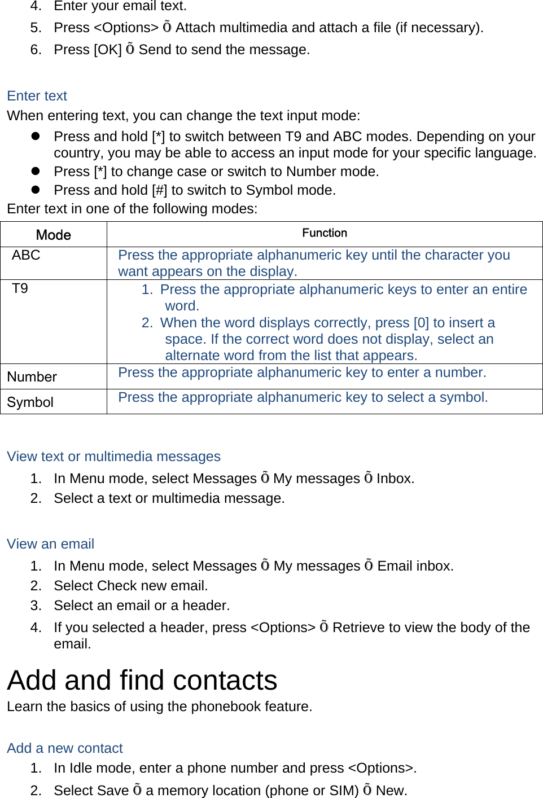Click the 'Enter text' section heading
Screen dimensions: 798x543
click(x=37, y=96)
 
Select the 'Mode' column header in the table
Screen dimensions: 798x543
click(x=54, y=235)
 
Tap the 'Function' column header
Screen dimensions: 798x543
click(x=325, y=233)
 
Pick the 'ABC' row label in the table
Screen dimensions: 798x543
click(x=26, y=255)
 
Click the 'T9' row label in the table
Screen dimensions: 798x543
click(x=20, y=288)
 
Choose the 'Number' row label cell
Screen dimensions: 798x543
click(x=32, y=377)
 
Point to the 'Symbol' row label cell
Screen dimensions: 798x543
click(x=30, y=402)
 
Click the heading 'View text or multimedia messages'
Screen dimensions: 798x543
click(x=113, y=457)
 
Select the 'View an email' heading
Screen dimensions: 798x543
click(x=50, y=544)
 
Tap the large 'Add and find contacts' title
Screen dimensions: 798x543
click(x=142, y=680)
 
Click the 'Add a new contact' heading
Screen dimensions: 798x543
click(x=65, y=748)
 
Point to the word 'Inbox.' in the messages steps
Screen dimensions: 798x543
click(x=395, y=479)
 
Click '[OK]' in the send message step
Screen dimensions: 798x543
click(x=108, y=50)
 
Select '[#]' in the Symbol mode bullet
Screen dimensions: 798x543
click(x=160, y=190)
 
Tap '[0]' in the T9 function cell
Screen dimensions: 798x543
click(x=421, y=323)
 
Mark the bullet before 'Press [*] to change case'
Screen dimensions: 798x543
click(x=36, y=171)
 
